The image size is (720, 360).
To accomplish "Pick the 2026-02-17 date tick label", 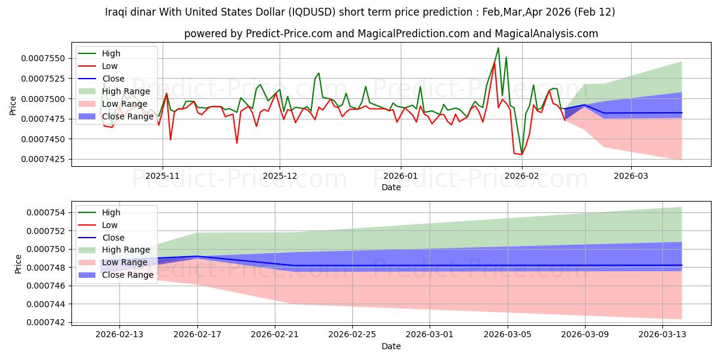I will tap(197, 334).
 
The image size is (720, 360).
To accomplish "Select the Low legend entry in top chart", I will tap(110, 66).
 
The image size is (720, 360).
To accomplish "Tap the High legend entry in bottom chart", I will tap(111, 212).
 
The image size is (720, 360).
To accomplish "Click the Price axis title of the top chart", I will tap(13, 105).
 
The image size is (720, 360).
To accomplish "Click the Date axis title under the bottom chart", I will tap(391, 346).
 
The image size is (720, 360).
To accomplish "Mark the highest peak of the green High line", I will tap(498, 48).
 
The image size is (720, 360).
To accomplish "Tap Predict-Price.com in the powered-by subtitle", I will tap(289, 34).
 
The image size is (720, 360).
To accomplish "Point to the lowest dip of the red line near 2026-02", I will tap(521, 154).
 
